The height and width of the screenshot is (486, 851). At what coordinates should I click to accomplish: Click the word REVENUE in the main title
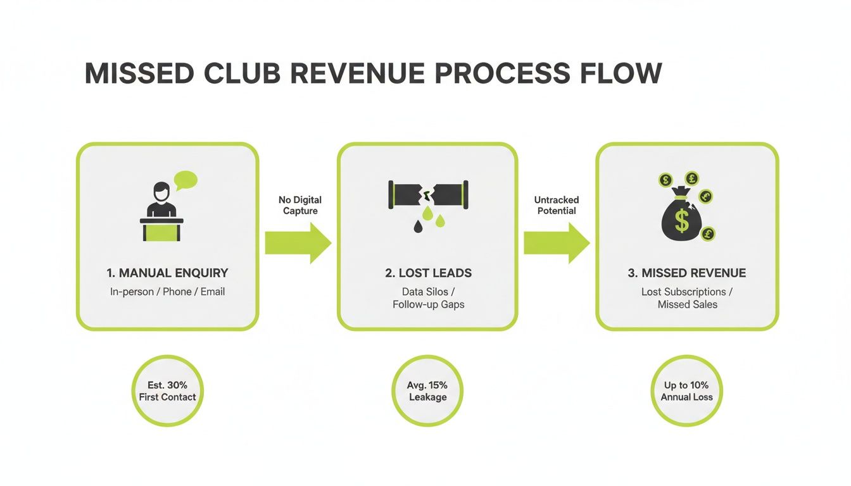coord(357,73)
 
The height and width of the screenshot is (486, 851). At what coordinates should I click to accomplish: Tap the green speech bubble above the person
coord(186,180)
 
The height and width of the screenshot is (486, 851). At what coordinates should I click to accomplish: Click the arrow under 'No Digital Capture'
coord(298,242)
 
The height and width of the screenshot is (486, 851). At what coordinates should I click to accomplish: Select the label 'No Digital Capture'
coord(300,205)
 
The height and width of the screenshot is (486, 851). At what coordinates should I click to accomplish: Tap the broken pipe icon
coord(428,194)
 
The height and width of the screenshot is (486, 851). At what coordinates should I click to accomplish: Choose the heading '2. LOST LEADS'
coord(428,273)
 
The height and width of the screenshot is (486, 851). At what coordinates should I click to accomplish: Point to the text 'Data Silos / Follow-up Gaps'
coord(428,298)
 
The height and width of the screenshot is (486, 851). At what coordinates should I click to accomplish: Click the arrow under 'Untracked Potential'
coord(556,242)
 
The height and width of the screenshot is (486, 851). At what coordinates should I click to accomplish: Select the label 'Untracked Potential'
coord(557,205)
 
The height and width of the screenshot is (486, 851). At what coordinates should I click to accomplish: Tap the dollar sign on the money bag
coord(681,221)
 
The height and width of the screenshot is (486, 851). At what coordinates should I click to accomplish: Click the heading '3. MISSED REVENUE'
coord(687,273)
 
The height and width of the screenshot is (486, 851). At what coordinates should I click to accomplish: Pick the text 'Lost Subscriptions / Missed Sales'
coord(687,298)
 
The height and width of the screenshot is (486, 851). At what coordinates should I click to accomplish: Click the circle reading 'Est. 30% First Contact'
coord(167,391)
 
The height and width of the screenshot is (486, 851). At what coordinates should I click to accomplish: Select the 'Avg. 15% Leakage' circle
coord(427,391)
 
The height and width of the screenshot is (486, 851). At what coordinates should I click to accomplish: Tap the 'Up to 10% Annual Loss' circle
coord(686,391)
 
